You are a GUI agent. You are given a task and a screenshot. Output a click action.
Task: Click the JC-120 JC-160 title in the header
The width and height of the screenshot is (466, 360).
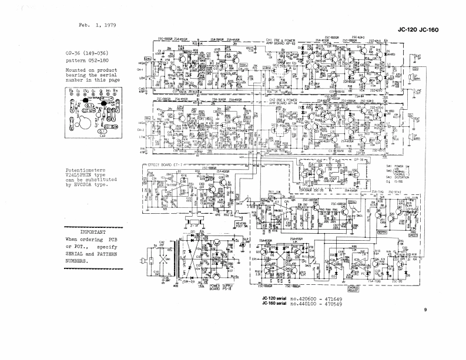(x=418, y=29)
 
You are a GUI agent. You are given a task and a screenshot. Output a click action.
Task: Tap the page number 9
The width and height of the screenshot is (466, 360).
(x=425, y=309)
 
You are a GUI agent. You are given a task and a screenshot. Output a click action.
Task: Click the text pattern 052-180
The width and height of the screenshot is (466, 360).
(x=90, y=59)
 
